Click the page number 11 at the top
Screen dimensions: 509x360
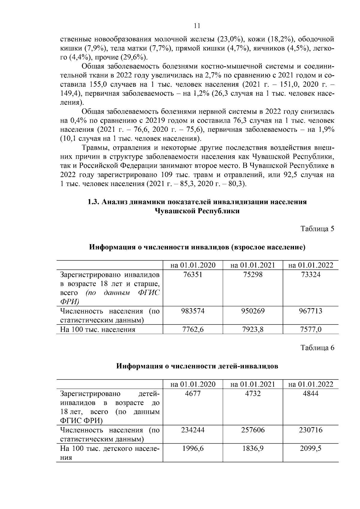click(197, 25)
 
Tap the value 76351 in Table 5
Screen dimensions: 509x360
click(193, 274)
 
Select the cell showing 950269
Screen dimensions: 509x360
click(253, 311)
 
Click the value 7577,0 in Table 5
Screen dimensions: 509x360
click(310, 329)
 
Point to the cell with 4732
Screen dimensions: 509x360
click(253, 394)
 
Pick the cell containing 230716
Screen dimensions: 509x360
click(310, 430)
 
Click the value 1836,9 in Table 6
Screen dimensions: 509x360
click(253, 449)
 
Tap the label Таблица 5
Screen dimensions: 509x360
click(317, 229)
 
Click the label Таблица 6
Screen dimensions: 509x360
click(317, 348)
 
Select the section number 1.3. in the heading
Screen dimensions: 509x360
click(93, 202)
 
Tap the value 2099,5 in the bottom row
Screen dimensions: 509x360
click(310, 449)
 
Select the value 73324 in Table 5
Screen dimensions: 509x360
click(310, 274)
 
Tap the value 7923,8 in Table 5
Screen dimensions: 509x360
click(253, 329)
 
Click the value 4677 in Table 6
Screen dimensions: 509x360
click(193, 394)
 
